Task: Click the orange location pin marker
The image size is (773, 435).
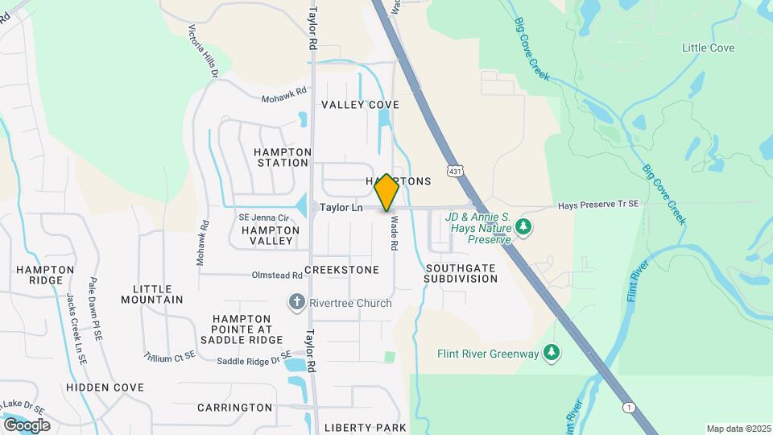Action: tap(386, 193)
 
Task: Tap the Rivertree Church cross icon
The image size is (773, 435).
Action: tap(296, 303)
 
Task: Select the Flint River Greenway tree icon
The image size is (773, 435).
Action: tap(552, 353)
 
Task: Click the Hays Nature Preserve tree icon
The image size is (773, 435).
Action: tap(524, 226)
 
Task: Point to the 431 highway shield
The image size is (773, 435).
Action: tap(456, 172)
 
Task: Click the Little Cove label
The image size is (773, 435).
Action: tap(708, 48)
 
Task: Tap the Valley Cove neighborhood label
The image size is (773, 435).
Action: tap(360, 105)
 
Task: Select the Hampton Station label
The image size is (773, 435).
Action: tap(282, 157)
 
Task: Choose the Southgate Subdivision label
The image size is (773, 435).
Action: tap(461, 273)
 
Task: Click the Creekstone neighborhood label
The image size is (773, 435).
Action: tap(341, 270)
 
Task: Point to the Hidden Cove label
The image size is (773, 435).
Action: tap(105, 387)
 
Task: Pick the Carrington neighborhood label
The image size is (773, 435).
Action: tap(236, 408)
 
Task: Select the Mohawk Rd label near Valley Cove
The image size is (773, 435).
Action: tap(284, 95)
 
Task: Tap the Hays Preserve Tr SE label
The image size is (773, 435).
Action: tap(598, 205)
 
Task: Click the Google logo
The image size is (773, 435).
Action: tap(27, 425)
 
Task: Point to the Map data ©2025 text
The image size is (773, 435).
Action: tap(738, 429)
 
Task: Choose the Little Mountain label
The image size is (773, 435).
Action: tap(152, 294)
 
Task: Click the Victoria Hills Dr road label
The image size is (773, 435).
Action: tap(204, 51)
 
